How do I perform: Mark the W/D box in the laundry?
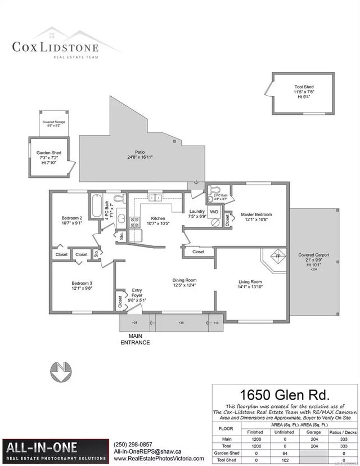click(214, 212)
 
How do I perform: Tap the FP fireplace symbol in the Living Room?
click(277, 257)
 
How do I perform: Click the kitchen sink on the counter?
click(155, 198)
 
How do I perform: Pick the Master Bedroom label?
click(256, 217)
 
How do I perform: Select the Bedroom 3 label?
click(81, 285)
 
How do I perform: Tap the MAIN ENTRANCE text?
click(136, 339)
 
